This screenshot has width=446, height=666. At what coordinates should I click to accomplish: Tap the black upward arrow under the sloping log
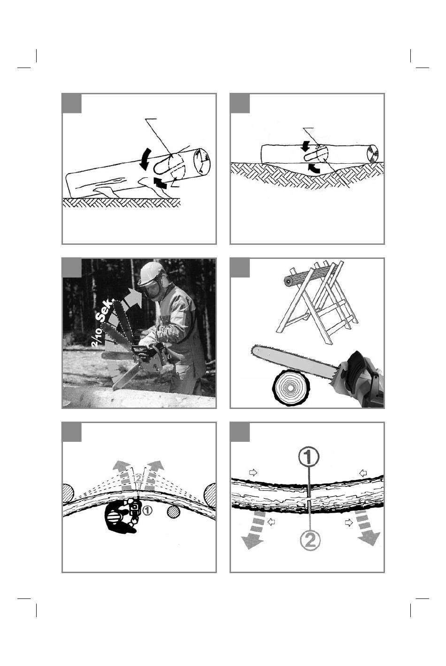tap(160, 182)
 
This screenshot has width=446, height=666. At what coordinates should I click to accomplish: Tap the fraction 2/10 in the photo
tap(98, 337)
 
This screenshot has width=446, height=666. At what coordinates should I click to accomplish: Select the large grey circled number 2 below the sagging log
tap(310, 540)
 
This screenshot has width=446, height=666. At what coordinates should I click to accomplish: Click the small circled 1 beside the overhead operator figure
tap(147, 510)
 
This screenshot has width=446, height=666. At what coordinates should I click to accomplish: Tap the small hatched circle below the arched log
tap(174, 513)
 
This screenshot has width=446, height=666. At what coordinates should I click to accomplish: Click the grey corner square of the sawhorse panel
tap(240, 268)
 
